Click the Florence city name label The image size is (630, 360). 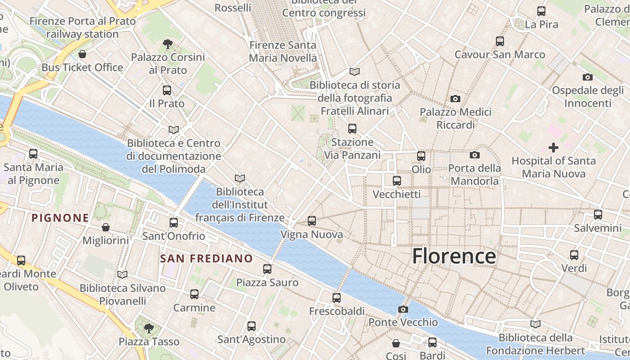point(454,256)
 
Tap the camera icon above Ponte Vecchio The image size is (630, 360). point(403,309)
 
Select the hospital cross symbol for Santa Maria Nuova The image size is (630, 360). point(553,147)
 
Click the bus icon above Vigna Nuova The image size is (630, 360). point(312,221)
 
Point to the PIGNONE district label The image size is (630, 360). point(60,218)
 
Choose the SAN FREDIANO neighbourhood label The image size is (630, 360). point(207,258)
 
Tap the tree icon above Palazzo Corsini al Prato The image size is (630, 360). point(168,44)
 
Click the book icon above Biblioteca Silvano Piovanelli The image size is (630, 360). point(122,274)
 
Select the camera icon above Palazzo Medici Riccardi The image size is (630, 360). point(455,99)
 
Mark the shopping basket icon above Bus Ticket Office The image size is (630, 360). point(82,54)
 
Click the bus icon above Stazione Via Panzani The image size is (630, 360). point(352,129)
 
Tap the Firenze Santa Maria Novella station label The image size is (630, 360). point(283,52)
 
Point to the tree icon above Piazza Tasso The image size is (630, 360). point(149,328)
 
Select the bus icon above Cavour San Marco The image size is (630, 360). point(499,41)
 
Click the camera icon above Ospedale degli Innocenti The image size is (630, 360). point(587,77)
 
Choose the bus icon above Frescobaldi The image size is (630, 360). point(337,298)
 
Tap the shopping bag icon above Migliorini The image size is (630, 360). point(106,227)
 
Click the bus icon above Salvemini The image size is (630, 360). point(598,215)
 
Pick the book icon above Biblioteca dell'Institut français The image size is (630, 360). point(240,179)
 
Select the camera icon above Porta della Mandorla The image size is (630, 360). point(474,155)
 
